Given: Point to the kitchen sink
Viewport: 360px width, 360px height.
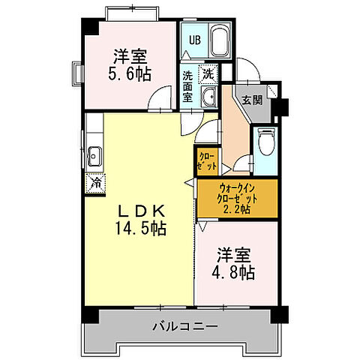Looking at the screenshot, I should pyautogui.click(x=94, y=156).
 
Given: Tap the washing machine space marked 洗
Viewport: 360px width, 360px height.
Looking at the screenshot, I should pyautogui.click(x=210, y=73).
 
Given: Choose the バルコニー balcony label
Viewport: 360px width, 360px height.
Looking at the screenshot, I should pyautogui.click(x=184, y=327).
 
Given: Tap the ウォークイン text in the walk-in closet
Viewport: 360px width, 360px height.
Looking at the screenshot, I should pyautogui.click(x=237, y=188).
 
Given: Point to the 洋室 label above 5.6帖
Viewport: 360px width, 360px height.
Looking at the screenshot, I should pyautogui.click(x=130, y=56).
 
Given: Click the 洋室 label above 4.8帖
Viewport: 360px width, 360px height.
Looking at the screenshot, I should pyautogui.click(x=234, y=253).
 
